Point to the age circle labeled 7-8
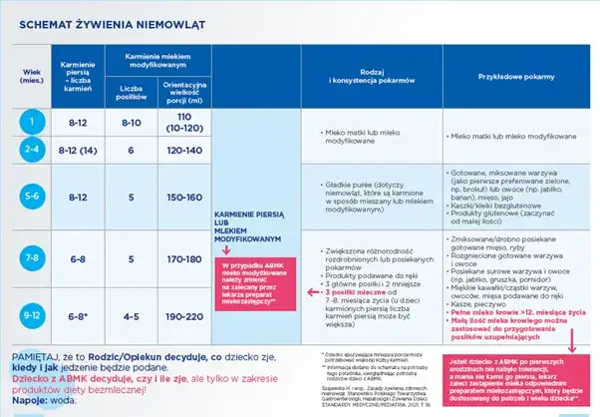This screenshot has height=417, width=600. click(x=31, y=258)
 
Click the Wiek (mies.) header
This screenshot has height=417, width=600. click(x=31, y=76)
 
